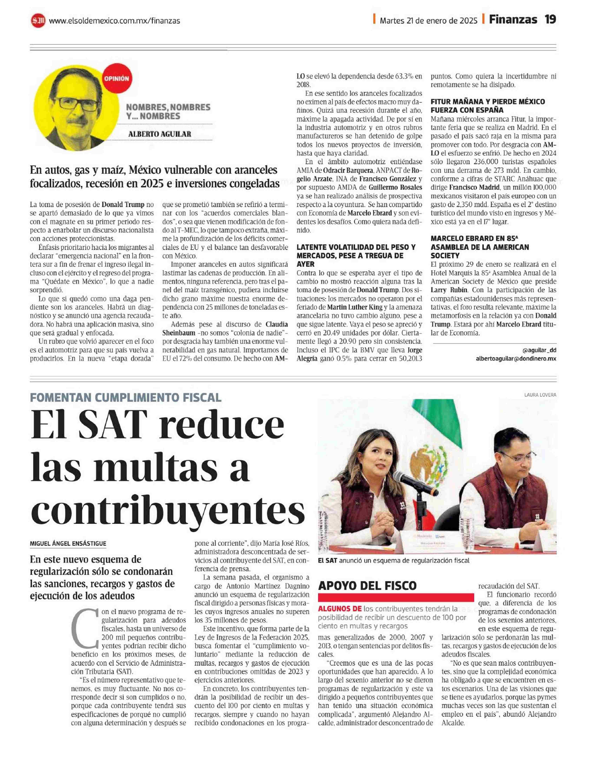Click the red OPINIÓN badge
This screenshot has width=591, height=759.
tap(116, 79)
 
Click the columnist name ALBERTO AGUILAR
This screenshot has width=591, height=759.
tap(160, 134)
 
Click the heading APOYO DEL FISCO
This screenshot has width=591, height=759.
tap(367, 586)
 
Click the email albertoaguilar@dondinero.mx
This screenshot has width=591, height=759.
tap(516, 359)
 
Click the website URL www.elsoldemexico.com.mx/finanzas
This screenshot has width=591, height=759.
tap(114, 21)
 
